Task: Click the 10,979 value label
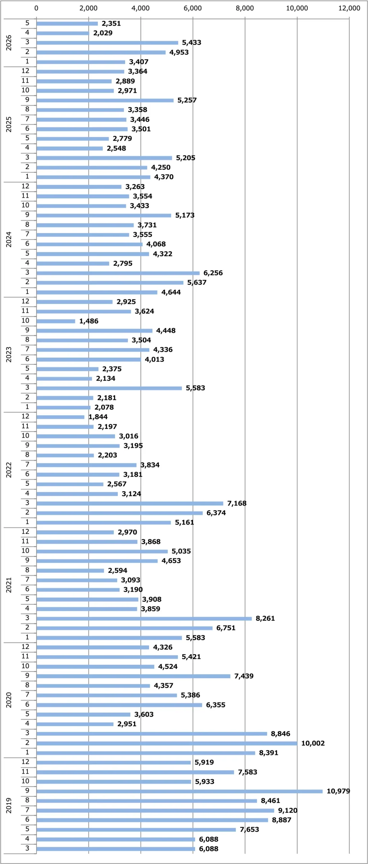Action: tap(338, 791)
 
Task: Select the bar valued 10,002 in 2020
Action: tap(167, 743)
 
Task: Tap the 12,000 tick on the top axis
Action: tap(349, 8)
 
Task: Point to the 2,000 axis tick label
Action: tap(88, 8)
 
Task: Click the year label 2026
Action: tap(9, 43)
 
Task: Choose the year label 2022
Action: tap(9, 470)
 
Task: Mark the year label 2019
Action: tap(9, 805)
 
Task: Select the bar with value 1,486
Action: tap(56, 321)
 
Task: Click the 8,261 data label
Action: tap(265, 618)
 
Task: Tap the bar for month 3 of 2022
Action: tap(130, 503)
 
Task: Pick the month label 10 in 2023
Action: tap(25, 320)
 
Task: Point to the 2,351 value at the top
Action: tap(111, 23)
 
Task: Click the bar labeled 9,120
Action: tap(155, 810)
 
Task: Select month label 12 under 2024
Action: tap(25, 186)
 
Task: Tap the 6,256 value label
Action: tap(213, 273)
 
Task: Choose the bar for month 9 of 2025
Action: tap(105, 100)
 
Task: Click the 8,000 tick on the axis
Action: tap(245, 8)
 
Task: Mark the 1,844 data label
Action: tap(98, 417)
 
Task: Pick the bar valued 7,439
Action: tap(134, 676)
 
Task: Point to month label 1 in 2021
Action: tap(27, 637)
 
